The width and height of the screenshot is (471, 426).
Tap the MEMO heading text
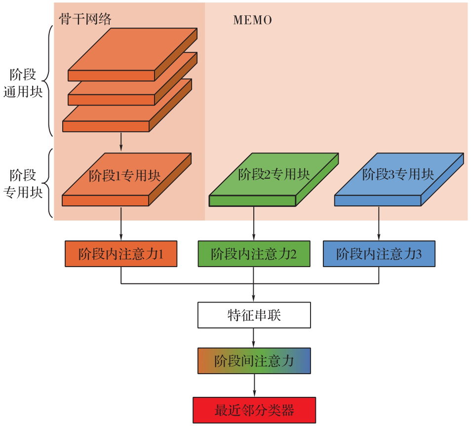pos(252,20)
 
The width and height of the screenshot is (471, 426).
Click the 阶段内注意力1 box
pos(121,254)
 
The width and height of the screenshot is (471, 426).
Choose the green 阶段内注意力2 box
pos(254,254)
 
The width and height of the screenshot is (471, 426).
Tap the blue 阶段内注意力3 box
pos(379,254)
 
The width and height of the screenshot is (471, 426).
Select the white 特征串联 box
pos(254,315)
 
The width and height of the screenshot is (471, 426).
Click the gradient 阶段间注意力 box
pos(254,361)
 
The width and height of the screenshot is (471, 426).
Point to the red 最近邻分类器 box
pos(254,410)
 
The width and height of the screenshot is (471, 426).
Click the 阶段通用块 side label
pos(23,83)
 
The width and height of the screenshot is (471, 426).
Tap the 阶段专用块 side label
pos(23,183)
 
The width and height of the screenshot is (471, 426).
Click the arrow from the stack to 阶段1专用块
pos(121,142)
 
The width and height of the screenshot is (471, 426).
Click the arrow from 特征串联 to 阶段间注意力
pos(254,338)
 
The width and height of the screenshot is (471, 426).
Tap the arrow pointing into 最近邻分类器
pos(254,385)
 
